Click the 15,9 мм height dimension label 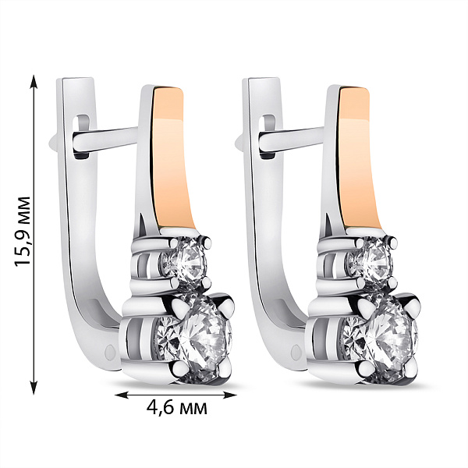pyautogui.click(x=23, y=231)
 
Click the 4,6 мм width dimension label pyautogui.click(x=177, y=407)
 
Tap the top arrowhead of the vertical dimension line pyautogui.click(x=34, y=82)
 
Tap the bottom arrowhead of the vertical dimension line pyautogui.click(x=34, y=387)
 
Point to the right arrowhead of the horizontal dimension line pyautogui.click(x=229, y=395)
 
